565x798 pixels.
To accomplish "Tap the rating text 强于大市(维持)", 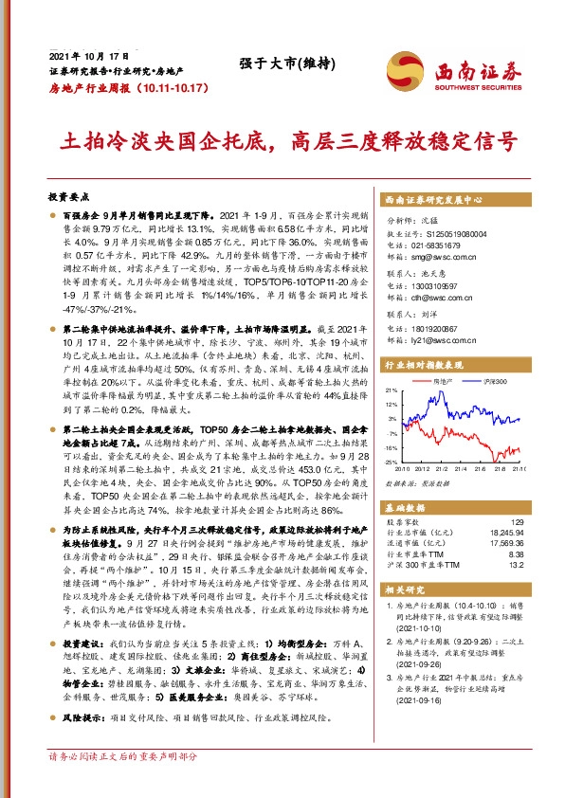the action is pyautogui.click(x=273, y=63).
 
